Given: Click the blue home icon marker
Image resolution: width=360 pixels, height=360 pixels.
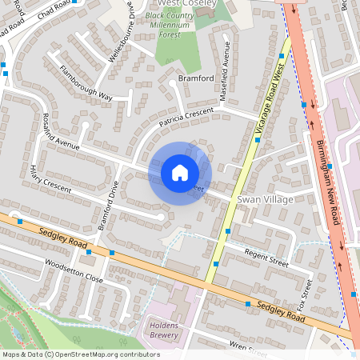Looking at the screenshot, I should point(180,173).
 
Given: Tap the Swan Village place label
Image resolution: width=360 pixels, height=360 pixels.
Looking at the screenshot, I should point(265,198).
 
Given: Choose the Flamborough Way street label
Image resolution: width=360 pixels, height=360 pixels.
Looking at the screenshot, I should point(85,83).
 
